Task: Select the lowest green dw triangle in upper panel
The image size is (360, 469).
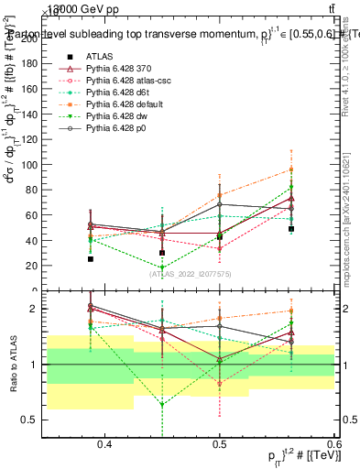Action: click(162, 268)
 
